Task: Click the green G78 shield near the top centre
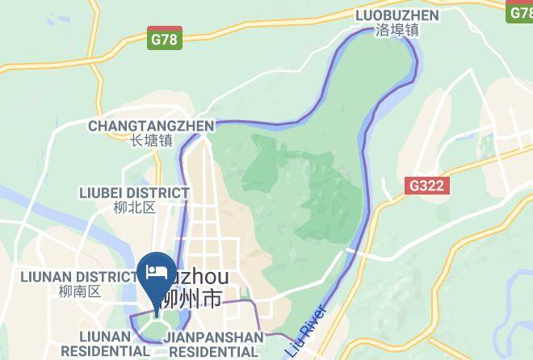[x=166, y=37]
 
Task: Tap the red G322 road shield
[x=426, y=186]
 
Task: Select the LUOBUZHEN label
[x=397, y=15]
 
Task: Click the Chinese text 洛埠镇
[x=397, y=31]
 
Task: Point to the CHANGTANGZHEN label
[x=151, y=126]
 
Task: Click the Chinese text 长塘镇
[x=151, y=140]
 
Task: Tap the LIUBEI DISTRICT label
[x=134, y=193]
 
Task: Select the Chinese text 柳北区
[x=134, y=207]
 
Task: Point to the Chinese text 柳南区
[x=78, y=291]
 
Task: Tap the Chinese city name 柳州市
[x=191, y=299]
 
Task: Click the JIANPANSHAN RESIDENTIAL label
[x=213, y=344]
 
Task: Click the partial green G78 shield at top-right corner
[x=520, y=13]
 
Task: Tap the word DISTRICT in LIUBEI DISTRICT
[x=159, y=193]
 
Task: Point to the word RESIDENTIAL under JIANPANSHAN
[x=213, y=352]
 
